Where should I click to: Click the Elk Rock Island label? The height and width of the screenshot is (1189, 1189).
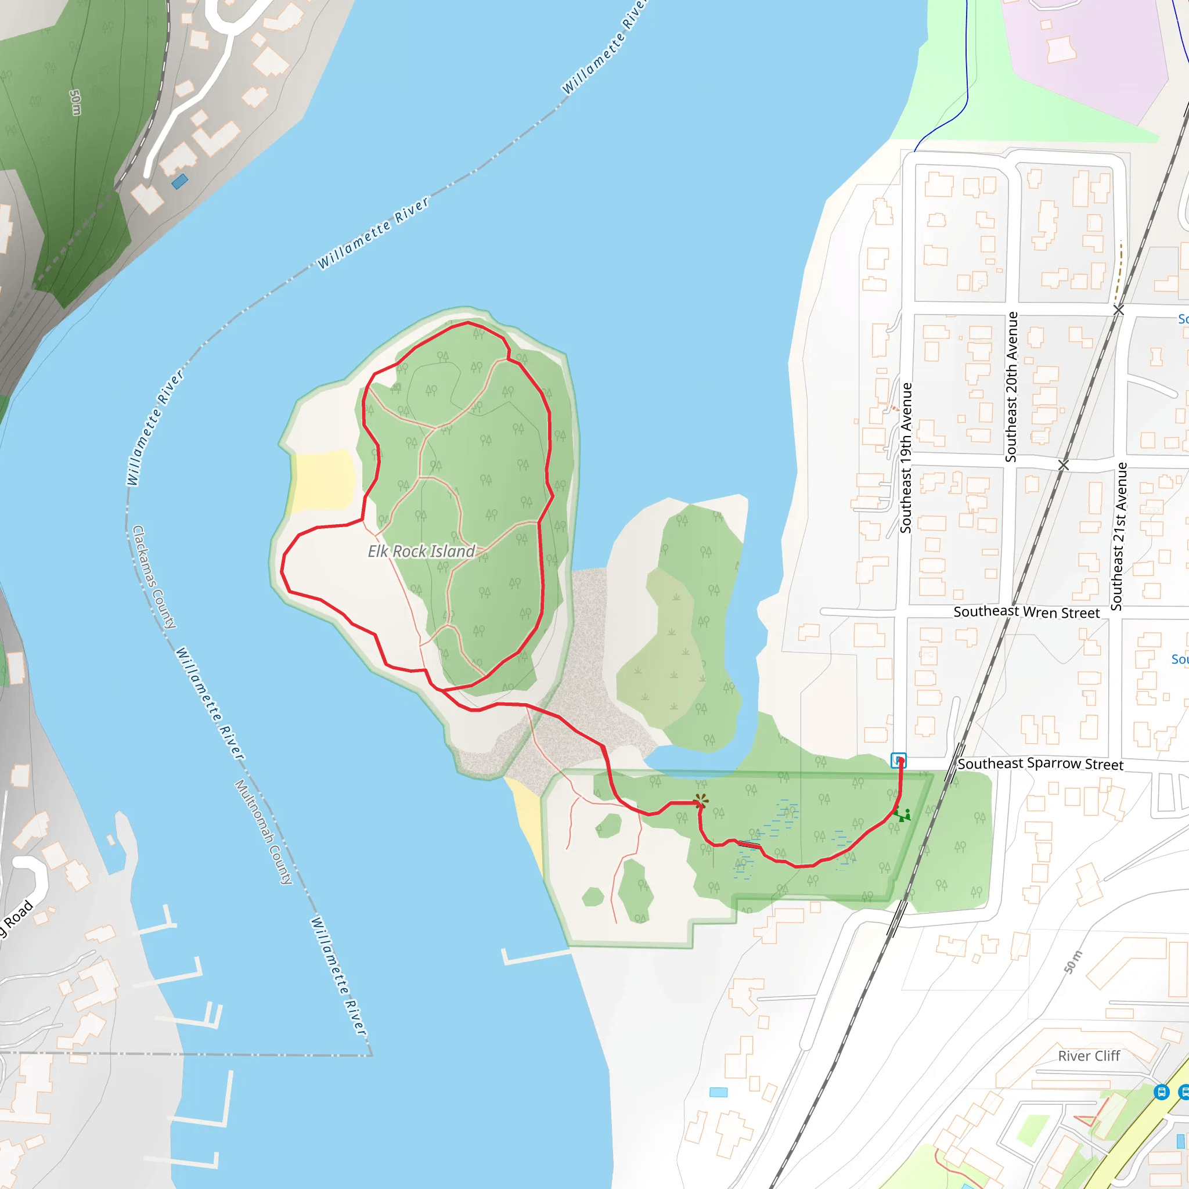(421, 552)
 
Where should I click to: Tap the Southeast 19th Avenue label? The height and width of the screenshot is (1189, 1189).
(905, 458)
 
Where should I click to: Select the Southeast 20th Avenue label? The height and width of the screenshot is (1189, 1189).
(1011, 387)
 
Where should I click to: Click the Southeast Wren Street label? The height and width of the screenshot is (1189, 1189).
(1026, 612)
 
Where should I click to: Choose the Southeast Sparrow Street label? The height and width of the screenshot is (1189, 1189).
(1040, 764)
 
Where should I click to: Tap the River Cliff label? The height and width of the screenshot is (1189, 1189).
(1089, 1056)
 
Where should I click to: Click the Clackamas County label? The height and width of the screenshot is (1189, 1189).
(154, 577)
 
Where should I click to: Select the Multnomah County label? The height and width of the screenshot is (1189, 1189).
(264, 833)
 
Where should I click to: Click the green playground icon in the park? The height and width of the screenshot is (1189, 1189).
(903, 816)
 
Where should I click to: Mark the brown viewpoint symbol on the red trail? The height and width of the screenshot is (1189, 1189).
(700, 801)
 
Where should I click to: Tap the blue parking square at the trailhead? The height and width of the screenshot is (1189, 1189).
(899, 760)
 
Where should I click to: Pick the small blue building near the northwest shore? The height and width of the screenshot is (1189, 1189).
(180, 182)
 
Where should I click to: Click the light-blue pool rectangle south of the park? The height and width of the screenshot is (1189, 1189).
(718, 1093)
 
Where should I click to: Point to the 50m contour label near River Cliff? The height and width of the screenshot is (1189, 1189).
(1073, 963)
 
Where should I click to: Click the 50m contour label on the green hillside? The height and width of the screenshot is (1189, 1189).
(75, 103)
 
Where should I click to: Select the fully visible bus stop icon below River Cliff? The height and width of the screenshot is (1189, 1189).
(1161, 1092)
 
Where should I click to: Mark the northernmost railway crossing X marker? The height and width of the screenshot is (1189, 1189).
(1119, 310)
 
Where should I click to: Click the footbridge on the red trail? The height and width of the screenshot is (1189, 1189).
(748, 845)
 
